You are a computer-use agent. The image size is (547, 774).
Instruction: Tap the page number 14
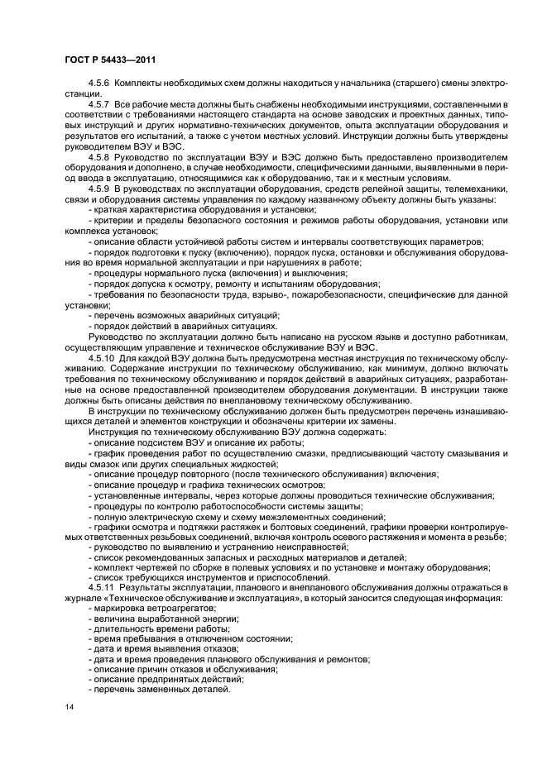(69, 708)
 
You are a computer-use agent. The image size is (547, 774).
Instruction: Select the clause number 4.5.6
(100, 84)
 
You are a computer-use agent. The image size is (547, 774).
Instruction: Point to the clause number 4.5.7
(100, 105)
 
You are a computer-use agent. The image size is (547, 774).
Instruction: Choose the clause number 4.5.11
(102, 586)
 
